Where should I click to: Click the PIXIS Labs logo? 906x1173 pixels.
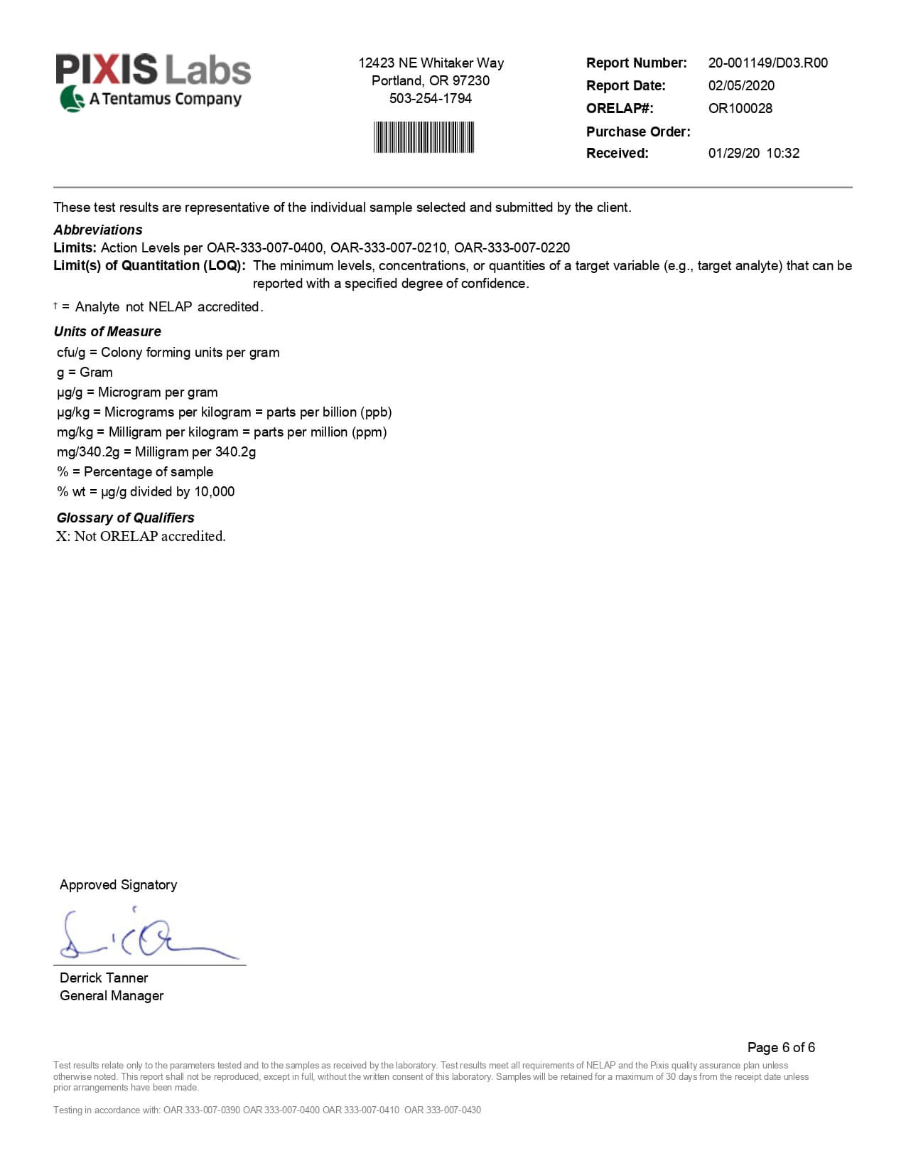[x=153, y=82]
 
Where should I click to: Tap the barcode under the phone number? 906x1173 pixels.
[x=424, y=137]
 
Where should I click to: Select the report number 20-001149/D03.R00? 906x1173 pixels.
[x=767, y=63]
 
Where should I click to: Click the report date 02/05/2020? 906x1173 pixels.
[x=741, y=85]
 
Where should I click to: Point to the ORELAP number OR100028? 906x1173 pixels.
[x=740, y=108]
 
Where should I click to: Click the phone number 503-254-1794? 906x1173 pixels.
[x=430, y=98]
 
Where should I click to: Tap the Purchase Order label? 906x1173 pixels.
[x=637, y=132]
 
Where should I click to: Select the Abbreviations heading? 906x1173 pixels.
[x=98, y=230]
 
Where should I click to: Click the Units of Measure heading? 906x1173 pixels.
[x=107, y=331]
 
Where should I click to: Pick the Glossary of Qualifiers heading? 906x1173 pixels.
[x=125, y=518]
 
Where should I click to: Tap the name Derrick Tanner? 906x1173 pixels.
[x=104, y=977]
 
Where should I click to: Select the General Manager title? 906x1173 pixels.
[x=112, y=995]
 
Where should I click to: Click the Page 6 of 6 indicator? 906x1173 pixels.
[x=780, y=1047]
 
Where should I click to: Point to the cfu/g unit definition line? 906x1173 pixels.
[x=168, y=352]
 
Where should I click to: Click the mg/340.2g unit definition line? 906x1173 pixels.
[x=156, y=451]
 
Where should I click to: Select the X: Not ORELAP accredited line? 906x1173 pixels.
[x=141, y=536]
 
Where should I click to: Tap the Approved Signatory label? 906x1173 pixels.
[x=118, y=884]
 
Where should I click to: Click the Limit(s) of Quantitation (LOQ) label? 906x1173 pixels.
[x=149, y=265]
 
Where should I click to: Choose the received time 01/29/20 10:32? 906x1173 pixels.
[x=753, y=153]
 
